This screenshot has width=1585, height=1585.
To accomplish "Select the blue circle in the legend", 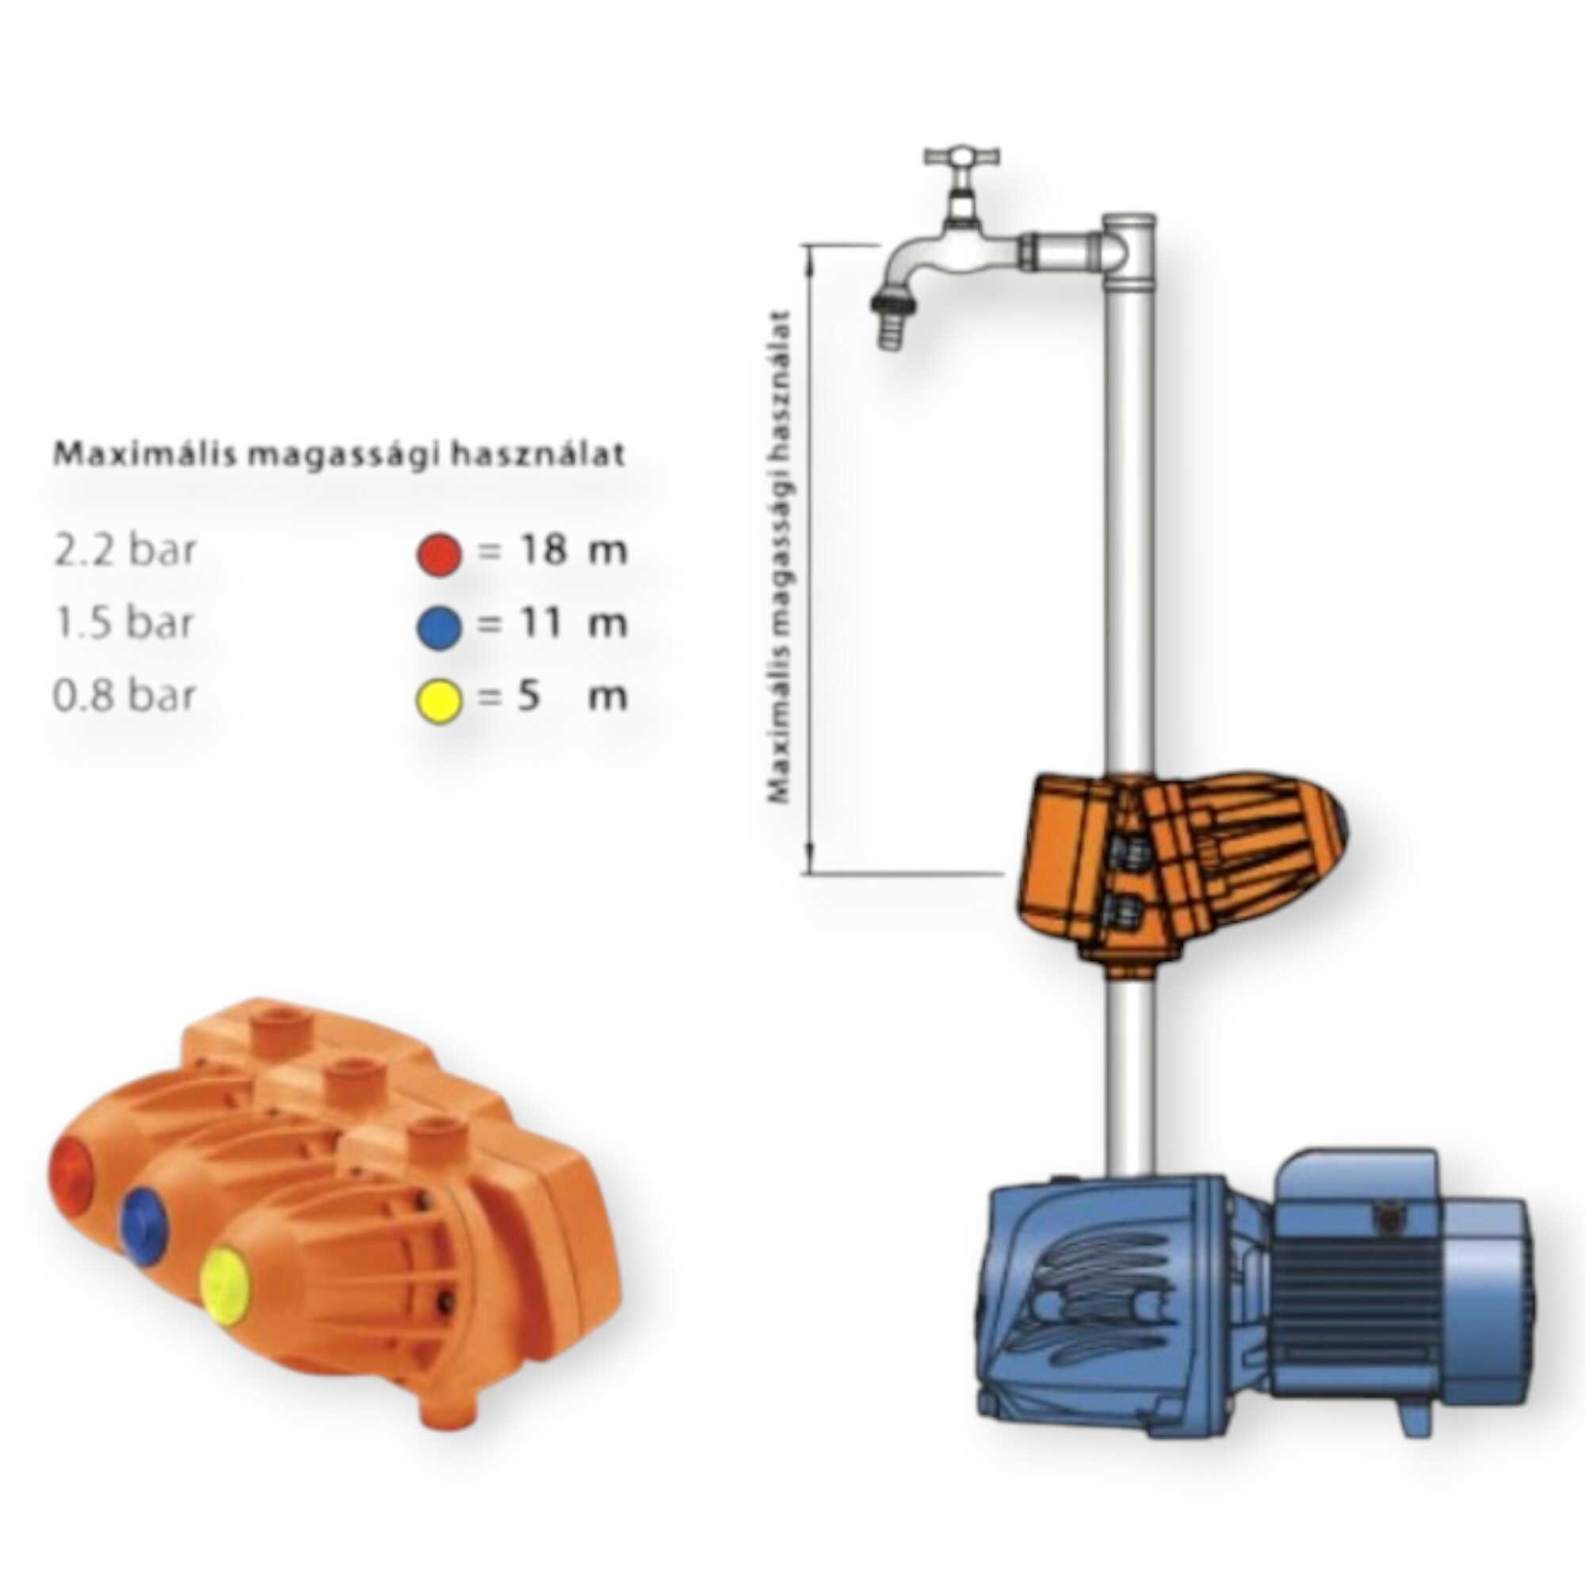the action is pyautogui.click(x=439, y=628).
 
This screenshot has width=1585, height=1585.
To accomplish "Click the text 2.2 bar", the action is pyautogui.click(x=124, y=551).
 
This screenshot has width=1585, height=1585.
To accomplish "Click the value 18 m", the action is pyautogui.click(x=574, y=550).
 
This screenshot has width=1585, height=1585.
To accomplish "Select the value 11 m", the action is pyautogui.click(x=574, y=624).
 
